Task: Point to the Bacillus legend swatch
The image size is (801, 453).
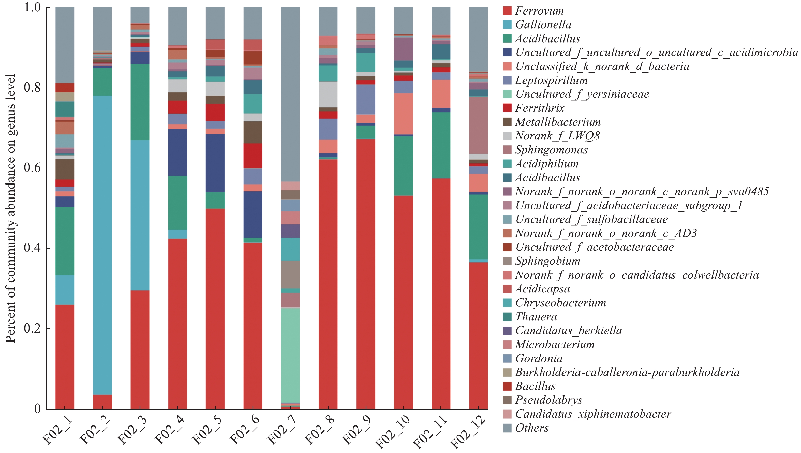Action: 507,386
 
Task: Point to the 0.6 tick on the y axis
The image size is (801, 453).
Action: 33,168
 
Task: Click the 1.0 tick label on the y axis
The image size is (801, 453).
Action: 33,7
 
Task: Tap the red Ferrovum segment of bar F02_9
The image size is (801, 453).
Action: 366,274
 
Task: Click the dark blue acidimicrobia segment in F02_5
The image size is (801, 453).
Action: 215,163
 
